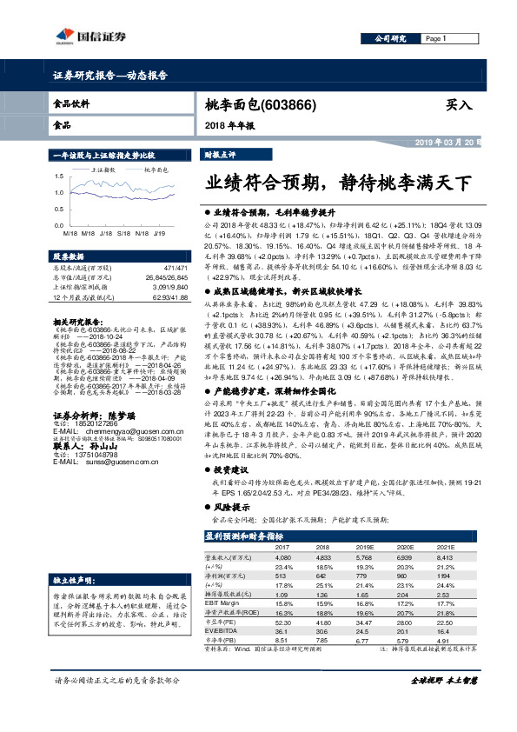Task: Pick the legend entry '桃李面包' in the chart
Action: pos(155,170)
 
